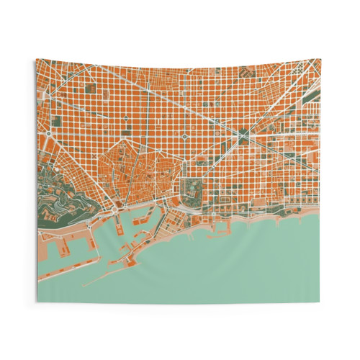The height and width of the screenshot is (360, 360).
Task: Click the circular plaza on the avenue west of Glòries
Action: coord(186,133)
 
